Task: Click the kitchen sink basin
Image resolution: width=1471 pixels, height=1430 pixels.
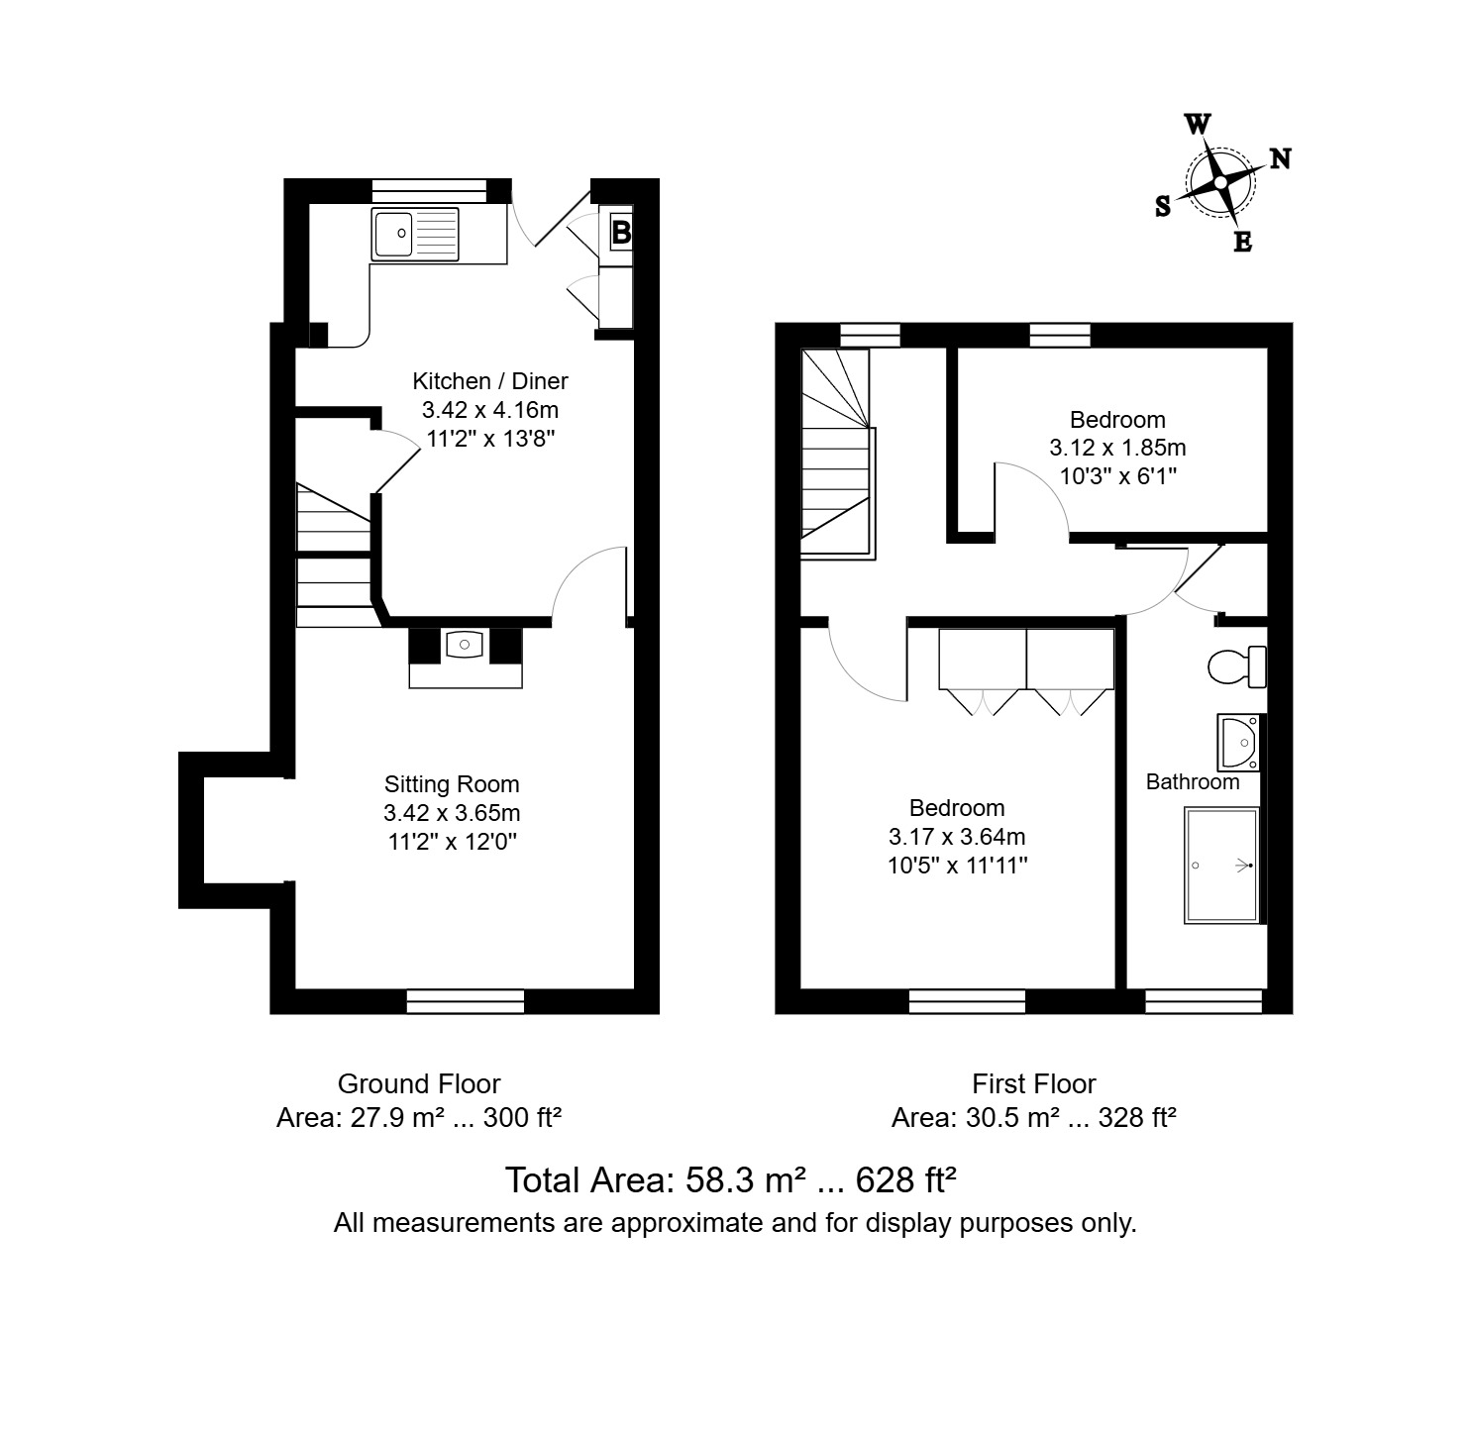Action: pyautogui.click(x=392, y=234)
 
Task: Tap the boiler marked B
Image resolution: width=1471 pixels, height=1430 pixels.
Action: pyautogui.click(x=621, y=232)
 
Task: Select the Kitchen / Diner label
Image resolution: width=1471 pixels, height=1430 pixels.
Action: pyautogui.click(x=489, y=381)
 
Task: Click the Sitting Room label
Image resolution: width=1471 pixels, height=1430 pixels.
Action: pyautogui.click(x=452, y=784)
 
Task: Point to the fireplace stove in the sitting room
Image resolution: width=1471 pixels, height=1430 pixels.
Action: pyautogui.click(x=465, y=645)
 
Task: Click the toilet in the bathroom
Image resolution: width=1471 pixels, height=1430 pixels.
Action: pyautogui.click(x=1236, y=666)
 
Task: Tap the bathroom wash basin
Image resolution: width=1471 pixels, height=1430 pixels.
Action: pyautogui.click(x=1238, y=743)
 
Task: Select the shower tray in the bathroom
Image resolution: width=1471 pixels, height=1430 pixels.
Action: pyautogui.click(x=1221, y=866)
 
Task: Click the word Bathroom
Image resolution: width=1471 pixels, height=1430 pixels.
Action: pyautogui.click(x=1192, y=781)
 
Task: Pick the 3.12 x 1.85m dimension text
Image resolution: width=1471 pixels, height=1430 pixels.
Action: pyautogui.click(x=1117, y=448)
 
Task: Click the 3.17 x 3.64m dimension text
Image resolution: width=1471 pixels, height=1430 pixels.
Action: pyautogui.click(x=956, y=837)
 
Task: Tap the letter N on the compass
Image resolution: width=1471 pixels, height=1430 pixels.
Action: pyautogui.click(x=1280, y=158)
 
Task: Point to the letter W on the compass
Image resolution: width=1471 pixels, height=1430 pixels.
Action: pyautogui.click(x=1198, y=124)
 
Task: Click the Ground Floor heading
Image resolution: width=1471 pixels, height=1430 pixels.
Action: pyautogui.click(x=419, y=1083)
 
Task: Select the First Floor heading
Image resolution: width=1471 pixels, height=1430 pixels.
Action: pyautogui.click(x=1033, y=1083)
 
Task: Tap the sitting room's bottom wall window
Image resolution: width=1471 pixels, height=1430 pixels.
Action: pyautogui.click(x=465, y=1001)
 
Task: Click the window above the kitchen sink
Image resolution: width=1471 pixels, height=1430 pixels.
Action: pyautogui.click(x=429, y=190)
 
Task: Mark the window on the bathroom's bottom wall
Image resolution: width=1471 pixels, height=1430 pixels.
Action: pyautogui.click(x=1204, y=1001)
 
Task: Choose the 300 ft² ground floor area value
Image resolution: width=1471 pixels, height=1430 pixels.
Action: pyautogui.click(x=522, y=1117)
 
